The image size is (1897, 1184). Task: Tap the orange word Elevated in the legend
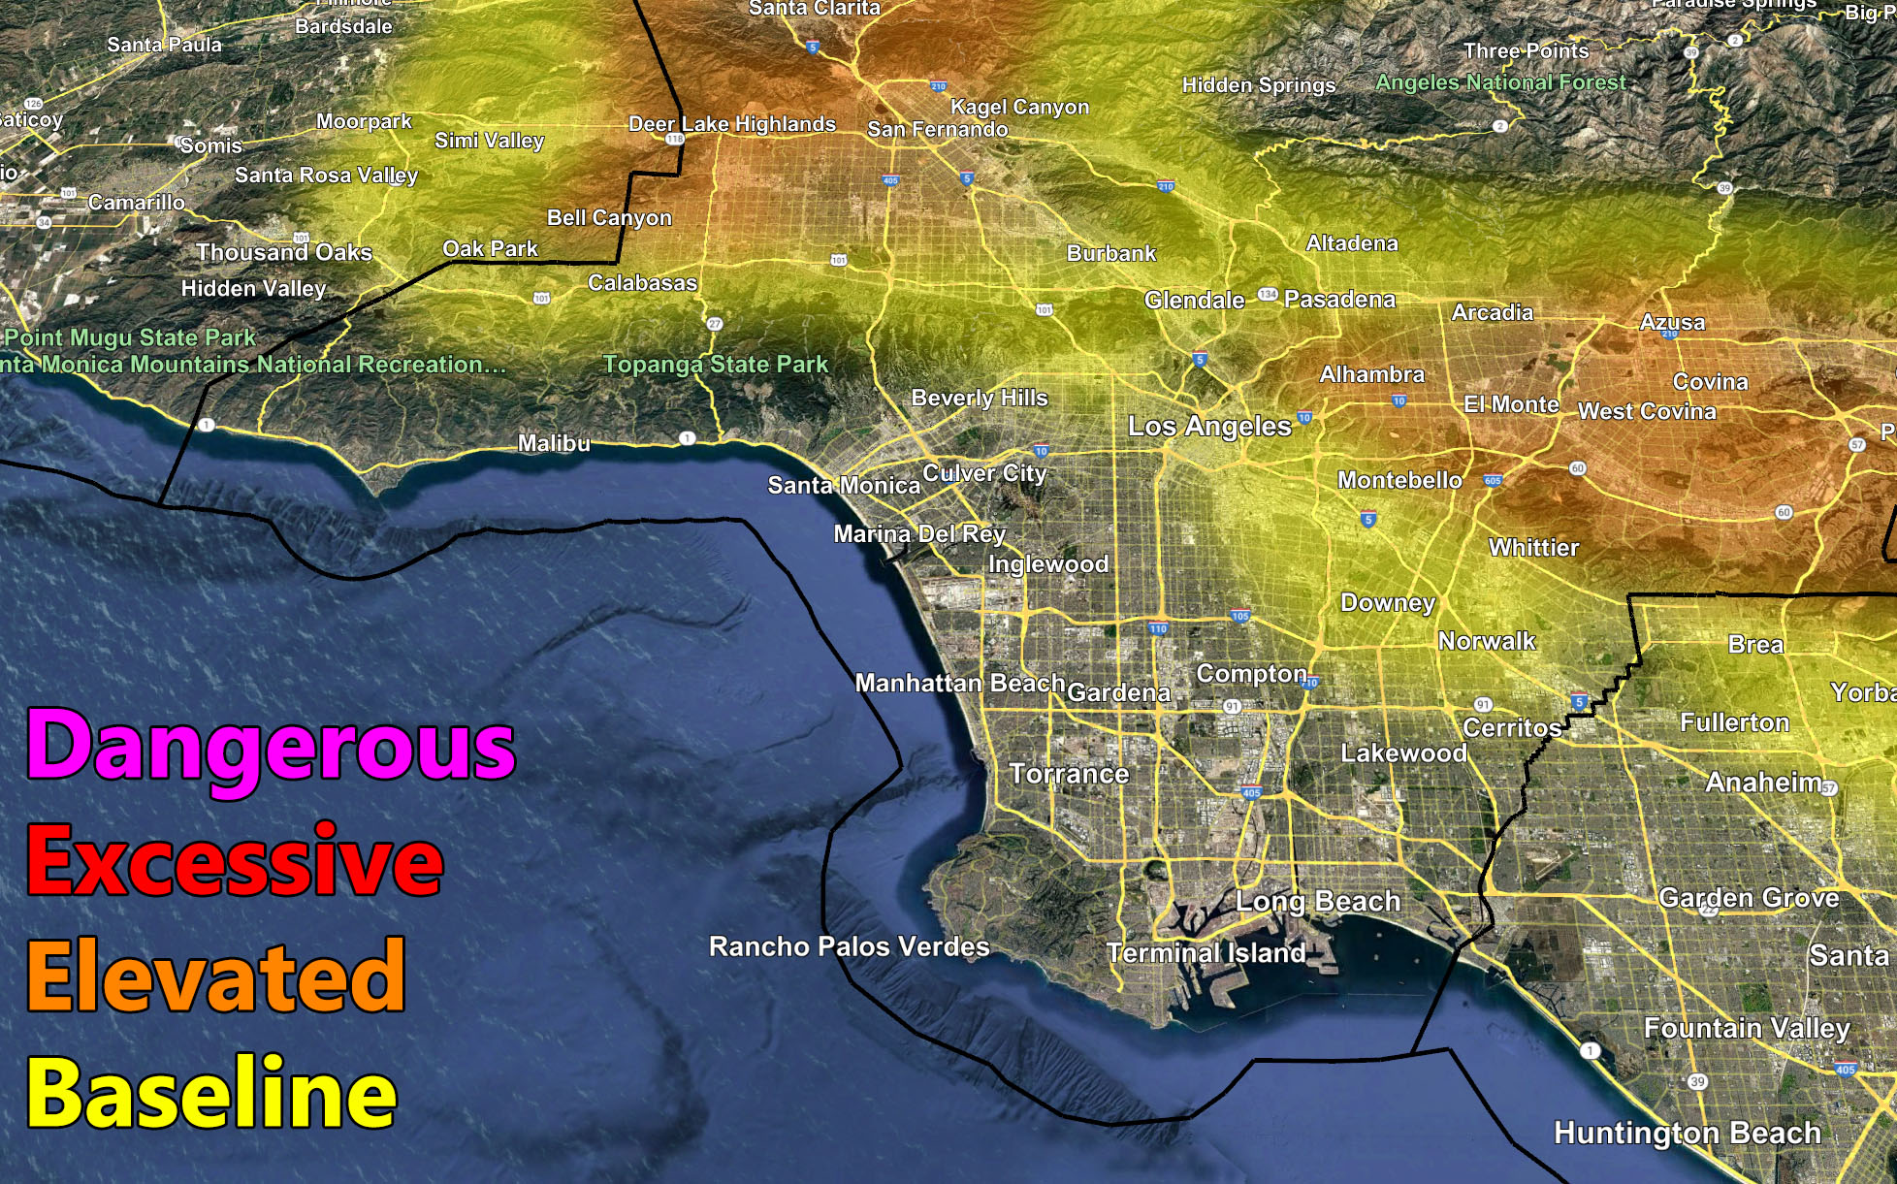coord(215,976)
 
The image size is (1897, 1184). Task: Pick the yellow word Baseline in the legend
coord(211,1093)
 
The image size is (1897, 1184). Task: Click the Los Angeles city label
coord(1209,427)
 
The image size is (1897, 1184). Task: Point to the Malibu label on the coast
coord(554,443)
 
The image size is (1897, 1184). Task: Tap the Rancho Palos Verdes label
coord(849,946)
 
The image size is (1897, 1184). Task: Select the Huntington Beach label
coord(1688,1133)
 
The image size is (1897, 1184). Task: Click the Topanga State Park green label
coord(716,365)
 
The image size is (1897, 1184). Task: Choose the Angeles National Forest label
coord(1500,83)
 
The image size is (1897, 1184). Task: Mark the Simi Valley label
coord(489,141)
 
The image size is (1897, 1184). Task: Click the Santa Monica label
coord(844,485)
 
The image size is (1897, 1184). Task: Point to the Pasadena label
coord(1339,300)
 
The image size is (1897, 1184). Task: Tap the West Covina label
coord(1647,411)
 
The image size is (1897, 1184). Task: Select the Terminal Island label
coord(1206,953)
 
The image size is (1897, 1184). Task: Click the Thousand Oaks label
coord(284,253)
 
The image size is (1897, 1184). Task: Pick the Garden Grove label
coord(1749,898)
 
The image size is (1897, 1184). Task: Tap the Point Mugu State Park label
coord(130,337)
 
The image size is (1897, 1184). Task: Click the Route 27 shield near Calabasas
coord(715,324)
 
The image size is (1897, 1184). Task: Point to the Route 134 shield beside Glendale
coord(1268,294)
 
